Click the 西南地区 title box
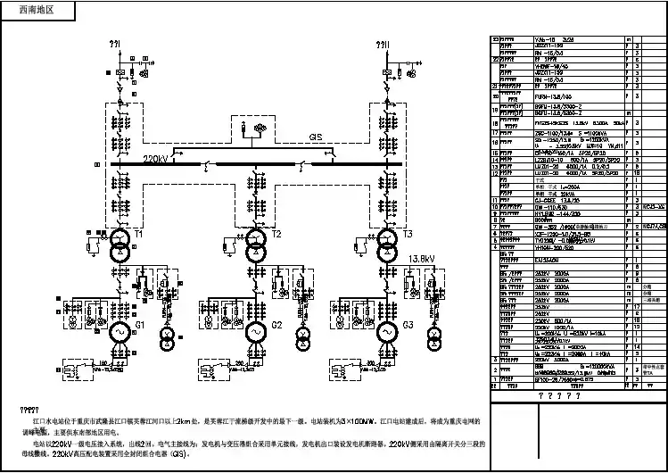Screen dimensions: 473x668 click(x=37, y=11)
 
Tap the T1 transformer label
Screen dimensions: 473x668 click(x=139, y=233)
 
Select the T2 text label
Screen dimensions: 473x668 click(x=276, y=234)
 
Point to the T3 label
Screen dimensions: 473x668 click(x=408, y=234)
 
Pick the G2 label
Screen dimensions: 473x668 click(x=276, y=324)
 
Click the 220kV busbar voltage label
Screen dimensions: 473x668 click(x=155, y=158)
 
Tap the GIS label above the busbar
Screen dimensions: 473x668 click(x=316, y=137)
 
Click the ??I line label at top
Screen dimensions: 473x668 click(x=114, y=43)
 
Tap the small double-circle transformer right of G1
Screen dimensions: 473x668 click(x=166, y=338)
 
